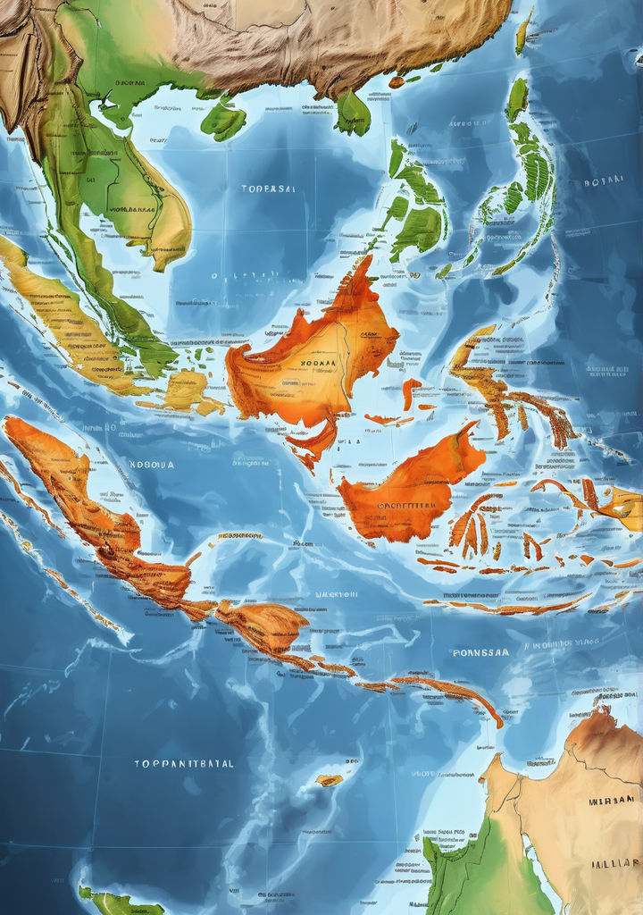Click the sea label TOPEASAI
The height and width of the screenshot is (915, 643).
click(x=268, y=189)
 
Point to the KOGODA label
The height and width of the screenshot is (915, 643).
click(x=152, y=465)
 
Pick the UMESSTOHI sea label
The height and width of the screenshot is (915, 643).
click(x=337, y=593)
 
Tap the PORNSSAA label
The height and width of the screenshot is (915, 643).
click(x=480, y=652)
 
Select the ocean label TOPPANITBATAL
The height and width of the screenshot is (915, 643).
click(x=184, y=764)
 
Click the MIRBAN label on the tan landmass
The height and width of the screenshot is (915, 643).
click(x=612, y=800)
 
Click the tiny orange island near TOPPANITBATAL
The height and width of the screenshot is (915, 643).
click(x=329, y=780)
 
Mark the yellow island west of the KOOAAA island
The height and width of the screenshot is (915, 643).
click(x=185, y=390)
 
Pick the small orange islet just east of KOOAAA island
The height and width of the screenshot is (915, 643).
click(x=410, y=391)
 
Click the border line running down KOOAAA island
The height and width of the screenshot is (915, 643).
click(x=341, y=357)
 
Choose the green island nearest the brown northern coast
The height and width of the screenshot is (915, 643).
click(x=353, y=113)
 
